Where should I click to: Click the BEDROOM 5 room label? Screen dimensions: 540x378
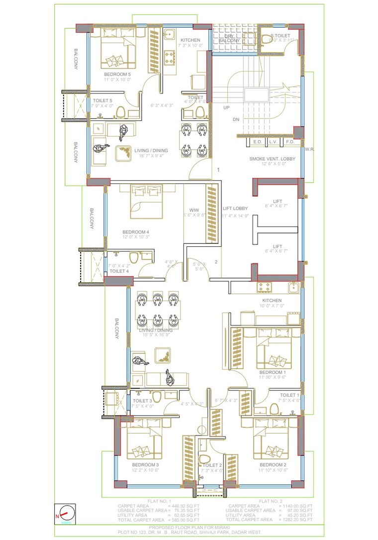coord(117,74)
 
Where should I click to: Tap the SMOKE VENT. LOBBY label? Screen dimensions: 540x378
coord(272,159)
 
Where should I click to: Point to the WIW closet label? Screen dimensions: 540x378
coord(193,210)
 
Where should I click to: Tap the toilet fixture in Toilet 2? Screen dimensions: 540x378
coord(204,458)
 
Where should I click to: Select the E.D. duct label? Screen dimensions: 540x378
coord(258,142)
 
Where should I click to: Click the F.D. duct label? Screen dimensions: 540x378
coord(290,142)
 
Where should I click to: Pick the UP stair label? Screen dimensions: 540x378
coord(226,108)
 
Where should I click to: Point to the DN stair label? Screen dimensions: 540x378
coord(236,120)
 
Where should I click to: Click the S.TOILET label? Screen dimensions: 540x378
coord(280,36)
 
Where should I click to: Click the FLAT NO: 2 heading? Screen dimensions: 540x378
coord(271,501)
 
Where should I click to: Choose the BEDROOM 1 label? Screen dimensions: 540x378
coord(273,372)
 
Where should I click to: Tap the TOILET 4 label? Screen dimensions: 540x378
coord(119,271)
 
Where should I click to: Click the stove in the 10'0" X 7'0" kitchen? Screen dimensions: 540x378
coord(264,287)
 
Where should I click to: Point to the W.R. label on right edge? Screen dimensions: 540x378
coord(308,149)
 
